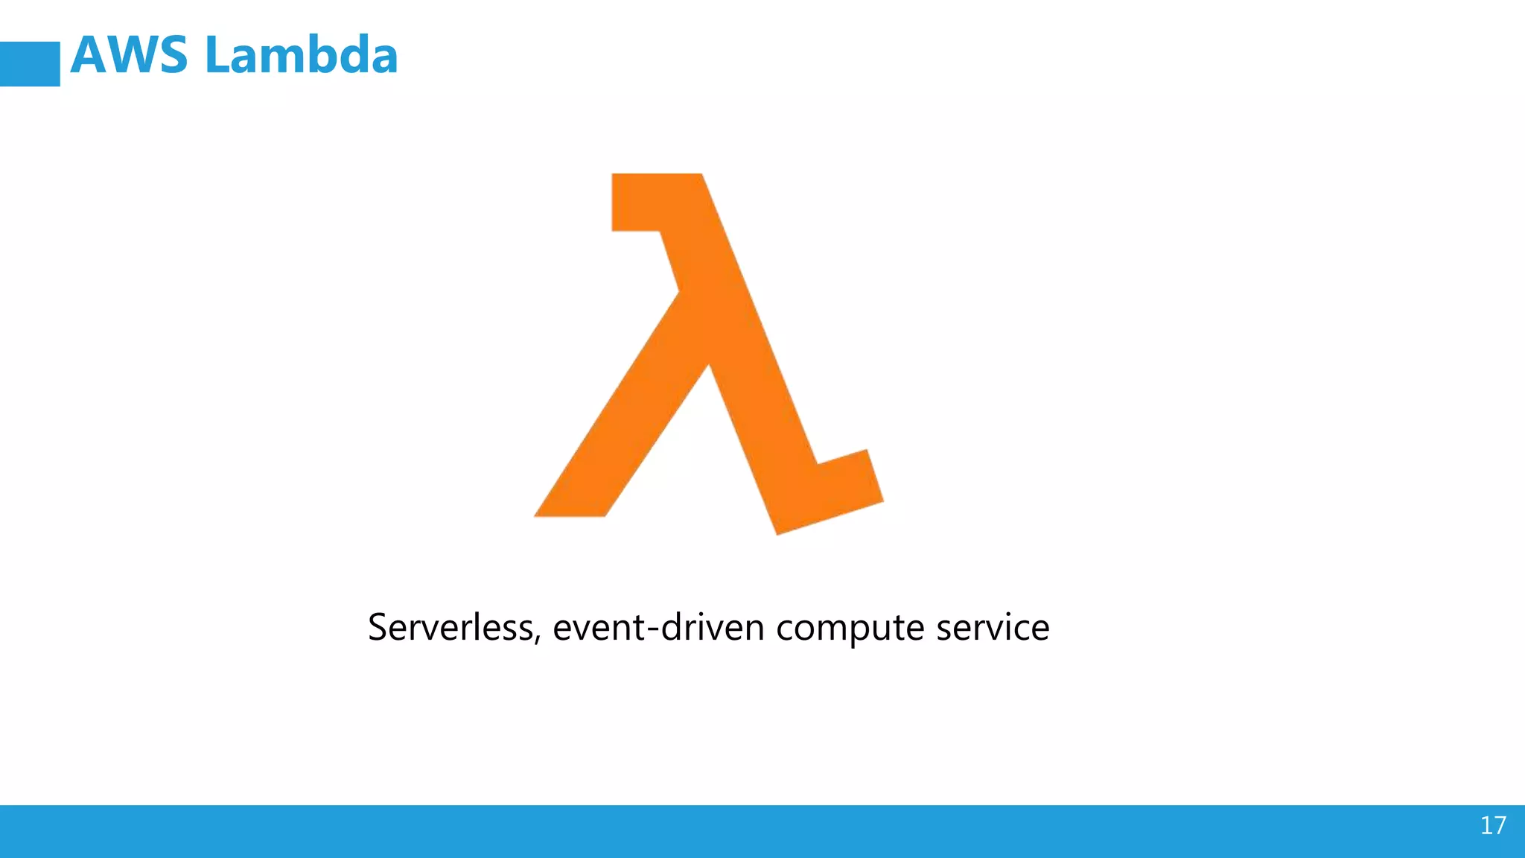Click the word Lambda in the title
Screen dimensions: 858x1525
tap(301, 56)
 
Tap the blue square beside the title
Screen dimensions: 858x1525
tap(30, 64)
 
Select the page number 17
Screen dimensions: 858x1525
tap(1493, 825)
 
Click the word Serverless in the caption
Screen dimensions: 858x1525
tap(451, 627)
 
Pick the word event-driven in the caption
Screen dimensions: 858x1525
tap(658, 627)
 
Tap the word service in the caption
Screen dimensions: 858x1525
tap(993, 627)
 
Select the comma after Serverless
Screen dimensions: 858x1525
tap(538, 640)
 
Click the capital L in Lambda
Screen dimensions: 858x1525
tap(217, 56)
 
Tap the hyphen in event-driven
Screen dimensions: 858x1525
tap(652, 630)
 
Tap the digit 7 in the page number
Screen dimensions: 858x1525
tap(1500, 825)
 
